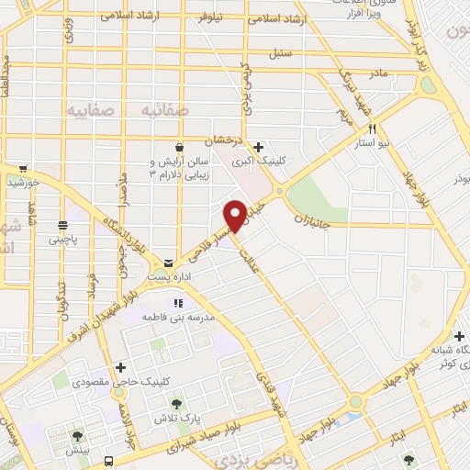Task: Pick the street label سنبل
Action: click(x=280, y=53)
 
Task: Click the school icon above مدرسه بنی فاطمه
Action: click(x=178, y=302)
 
